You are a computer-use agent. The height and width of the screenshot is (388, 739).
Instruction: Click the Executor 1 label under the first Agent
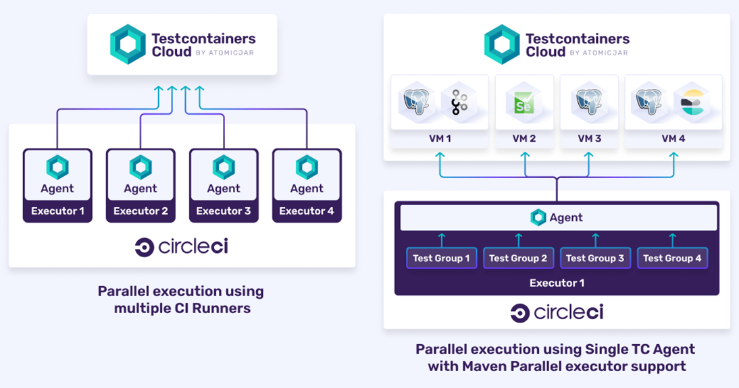coord(57,211)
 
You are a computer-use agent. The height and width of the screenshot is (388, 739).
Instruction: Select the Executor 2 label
coord(141,211)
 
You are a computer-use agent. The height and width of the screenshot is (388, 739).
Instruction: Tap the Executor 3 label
coord(224,211)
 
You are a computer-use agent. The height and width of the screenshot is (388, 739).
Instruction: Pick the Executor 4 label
coord(307,211)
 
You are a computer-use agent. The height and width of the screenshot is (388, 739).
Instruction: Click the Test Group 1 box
coord(442,258)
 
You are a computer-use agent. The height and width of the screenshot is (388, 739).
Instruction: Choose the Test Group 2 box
coord(518,258)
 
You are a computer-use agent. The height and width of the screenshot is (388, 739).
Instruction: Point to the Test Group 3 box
coord(595,258)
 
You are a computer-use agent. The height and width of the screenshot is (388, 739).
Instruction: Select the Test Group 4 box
coord(673,258)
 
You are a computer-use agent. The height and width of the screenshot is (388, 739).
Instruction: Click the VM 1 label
coord(440,138)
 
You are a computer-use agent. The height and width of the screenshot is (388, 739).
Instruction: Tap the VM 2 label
coord(524,138)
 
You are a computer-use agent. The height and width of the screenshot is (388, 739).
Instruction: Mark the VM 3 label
coord(589,138)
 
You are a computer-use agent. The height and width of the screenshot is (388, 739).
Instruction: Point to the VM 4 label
coord(673,138)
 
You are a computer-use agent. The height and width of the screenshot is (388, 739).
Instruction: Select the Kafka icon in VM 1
coord(459,103)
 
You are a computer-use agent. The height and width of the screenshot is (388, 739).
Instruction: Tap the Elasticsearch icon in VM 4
coord(692,103)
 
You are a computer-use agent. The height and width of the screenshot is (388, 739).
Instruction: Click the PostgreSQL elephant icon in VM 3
coord(589,102)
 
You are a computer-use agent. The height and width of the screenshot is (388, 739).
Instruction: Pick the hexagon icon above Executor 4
coord(307,167)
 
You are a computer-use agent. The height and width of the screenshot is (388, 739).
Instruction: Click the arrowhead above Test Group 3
coord(595,236)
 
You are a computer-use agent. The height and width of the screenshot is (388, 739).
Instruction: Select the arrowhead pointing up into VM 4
coord(674,155)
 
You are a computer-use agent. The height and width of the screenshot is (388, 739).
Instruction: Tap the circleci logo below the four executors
coord(182,247)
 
